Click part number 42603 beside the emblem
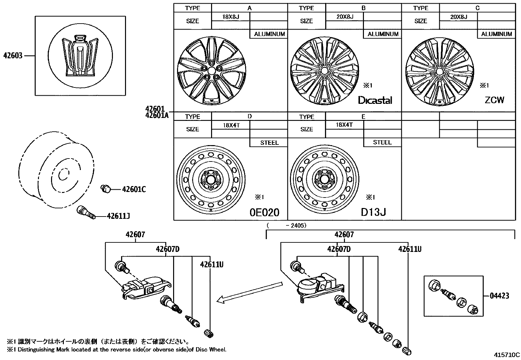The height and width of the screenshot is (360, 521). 13,56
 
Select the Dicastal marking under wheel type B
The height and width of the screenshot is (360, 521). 375,100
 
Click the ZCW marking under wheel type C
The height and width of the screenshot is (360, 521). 494,100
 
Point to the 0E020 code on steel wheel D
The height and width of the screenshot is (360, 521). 264,213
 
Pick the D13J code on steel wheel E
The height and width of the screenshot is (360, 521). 373,212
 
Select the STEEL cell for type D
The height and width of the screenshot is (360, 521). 269,142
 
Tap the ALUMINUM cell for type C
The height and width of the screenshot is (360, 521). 496,34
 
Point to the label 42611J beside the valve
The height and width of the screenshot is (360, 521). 118,216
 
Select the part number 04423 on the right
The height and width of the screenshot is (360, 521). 499,296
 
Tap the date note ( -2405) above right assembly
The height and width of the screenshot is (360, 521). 287,225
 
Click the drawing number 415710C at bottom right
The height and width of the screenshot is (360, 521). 507,354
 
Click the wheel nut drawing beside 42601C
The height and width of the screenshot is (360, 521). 105,189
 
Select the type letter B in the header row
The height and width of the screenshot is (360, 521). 363,8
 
